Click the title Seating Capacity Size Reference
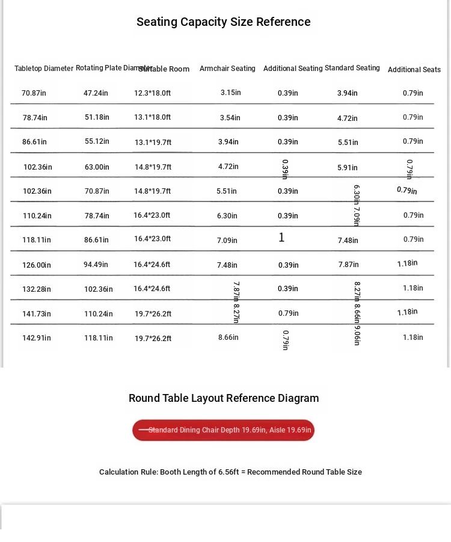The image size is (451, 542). pos(223,22)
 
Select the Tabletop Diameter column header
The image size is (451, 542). pos(44,69)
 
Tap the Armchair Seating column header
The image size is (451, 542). pos(227,69)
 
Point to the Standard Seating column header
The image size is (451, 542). pos(352,68)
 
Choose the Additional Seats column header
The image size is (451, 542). pos(414,70)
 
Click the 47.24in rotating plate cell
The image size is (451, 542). pos(96,93)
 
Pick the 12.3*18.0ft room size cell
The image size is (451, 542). pos(152,93)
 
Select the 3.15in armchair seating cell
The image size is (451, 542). pos(230,93)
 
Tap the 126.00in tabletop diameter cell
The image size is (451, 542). pos(37,265)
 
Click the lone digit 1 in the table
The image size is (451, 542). pos(281,238)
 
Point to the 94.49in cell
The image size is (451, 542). pos(96,265)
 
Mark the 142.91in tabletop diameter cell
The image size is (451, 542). pos(37,338)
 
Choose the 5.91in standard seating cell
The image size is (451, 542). pos(348,168)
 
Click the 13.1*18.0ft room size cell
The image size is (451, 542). pos(152,117)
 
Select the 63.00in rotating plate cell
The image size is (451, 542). pos(97,167)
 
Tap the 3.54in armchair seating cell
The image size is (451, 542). pos(230,118)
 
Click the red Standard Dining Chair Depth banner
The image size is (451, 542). pos(223,430)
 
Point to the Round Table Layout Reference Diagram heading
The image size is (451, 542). pos(224,398)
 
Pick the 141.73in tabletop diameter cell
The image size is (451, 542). pos(37,314)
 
